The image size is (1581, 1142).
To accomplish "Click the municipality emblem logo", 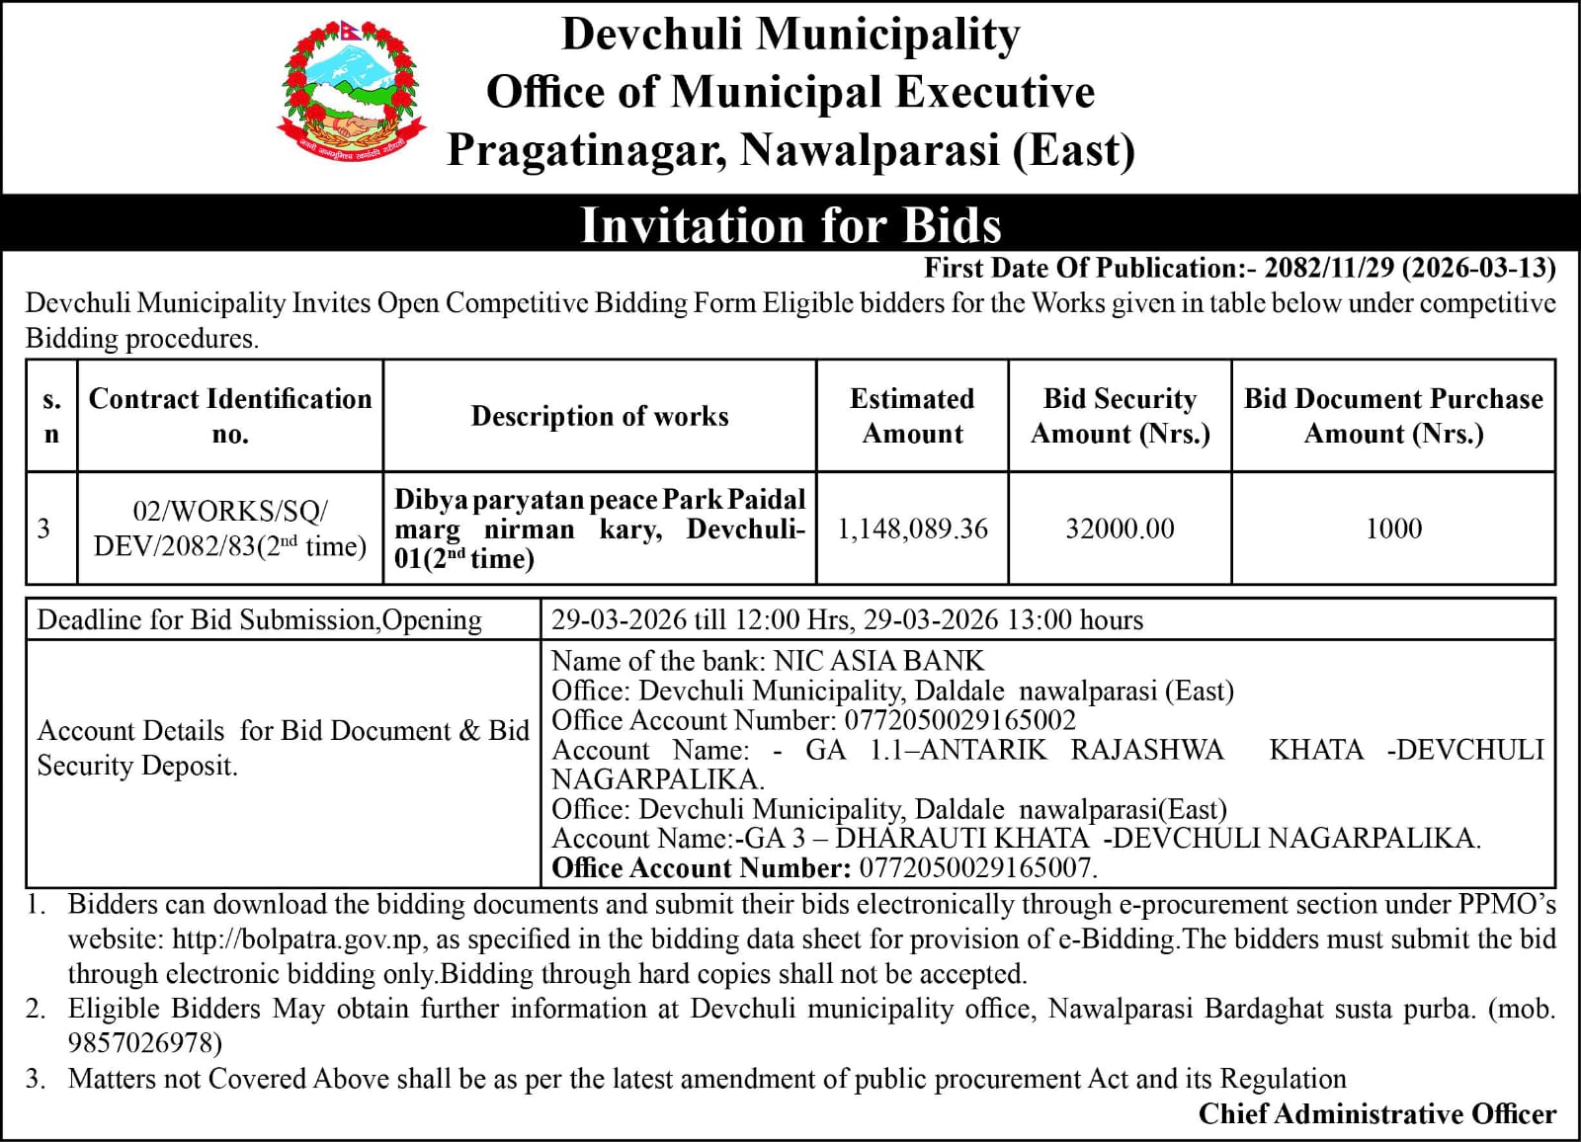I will point(352,96).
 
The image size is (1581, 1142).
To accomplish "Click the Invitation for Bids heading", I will point(790,224).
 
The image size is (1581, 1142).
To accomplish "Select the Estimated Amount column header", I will point(912,416).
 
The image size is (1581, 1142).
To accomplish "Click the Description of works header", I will point(600,416).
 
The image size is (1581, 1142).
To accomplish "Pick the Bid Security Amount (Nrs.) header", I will point(1120,416).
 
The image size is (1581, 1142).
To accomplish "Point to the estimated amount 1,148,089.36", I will point(912,529).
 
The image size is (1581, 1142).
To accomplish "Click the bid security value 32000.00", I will point(1120,529).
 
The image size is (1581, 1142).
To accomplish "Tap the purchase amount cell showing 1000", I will point(1393,529).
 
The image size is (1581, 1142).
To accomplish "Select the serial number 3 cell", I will point(44,529).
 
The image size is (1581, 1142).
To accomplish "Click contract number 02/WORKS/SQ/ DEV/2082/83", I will point(230,529).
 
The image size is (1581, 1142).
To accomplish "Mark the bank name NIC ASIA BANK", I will point(879,660).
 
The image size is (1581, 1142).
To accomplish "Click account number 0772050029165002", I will point(957,720).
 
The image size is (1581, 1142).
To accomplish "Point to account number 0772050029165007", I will point(978,868).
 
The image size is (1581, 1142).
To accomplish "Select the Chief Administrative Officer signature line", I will point(1376,1113).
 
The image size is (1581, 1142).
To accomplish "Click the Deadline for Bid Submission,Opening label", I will point(260,619).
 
